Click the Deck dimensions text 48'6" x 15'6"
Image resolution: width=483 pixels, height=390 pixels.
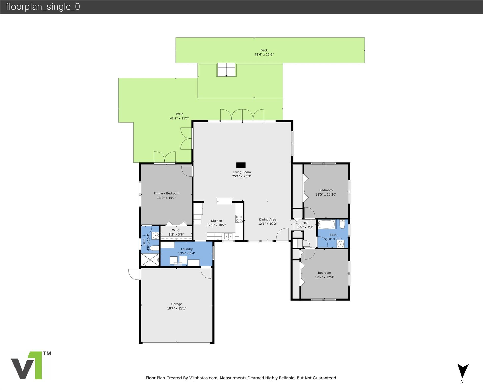pos(264,55)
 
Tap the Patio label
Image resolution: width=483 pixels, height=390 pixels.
pos(179,114)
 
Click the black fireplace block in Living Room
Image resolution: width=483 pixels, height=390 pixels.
pos(241,165)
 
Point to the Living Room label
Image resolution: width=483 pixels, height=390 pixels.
pos(242,172)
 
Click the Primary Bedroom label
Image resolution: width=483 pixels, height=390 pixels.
pos(166,193)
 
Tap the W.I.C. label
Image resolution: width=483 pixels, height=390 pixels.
pos(176,230)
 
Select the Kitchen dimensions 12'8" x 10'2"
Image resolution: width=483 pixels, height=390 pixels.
pos(216,225)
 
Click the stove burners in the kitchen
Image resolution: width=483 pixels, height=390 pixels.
pos(239,219)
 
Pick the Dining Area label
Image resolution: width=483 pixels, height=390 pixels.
pos(267,220)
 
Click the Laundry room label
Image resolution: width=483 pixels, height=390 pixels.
pos(187,249)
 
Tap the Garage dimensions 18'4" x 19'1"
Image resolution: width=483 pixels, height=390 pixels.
pos(176,308)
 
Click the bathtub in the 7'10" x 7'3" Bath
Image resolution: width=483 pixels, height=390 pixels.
pos(326,224)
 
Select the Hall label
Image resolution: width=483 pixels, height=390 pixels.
pos(305,223)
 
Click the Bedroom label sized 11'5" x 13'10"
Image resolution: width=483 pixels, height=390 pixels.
pos(326,190)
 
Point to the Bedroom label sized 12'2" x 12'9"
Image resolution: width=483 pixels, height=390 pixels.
pos(324,273)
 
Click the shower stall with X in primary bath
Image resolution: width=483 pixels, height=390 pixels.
pos(150,259)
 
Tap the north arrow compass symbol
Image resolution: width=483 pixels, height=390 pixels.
pos(463,371)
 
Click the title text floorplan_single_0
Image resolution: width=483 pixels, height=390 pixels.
pos(43,7)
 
